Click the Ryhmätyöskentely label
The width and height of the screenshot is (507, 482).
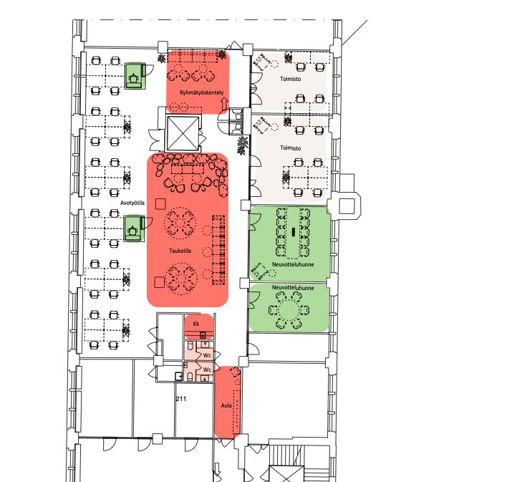tap(201, 92)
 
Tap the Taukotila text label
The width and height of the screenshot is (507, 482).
tap(180, 251)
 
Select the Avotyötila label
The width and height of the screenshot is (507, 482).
tap(132, 203)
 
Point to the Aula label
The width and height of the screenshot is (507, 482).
tap(226, 405)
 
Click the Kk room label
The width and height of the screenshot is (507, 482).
tap(196, 324)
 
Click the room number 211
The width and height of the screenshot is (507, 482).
tap(181, 399)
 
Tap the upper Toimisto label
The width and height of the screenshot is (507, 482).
tap(290, 79)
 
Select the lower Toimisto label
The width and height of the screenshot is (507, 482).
tap(290, 148)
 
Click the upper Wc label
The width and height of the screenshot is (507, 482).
tap(207, 355)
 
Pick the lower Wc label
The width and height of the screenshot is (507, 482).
tap(207, 369)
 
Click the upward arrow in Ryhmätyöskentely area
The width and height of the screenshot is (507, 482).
tap(224, 105)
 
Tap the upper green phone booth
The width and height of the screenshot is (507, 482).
tap(135, 75)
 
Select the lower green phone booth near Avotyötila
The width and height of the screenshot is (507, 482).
tap(134, 228)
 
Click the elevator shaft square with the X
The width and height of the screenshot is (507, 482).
tap(183, 133)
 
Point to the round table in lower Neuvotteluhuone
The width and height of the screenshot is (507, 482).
tap(289, 310)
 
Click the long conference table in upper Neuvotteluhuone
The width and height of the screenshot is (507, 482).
tap(294, 232)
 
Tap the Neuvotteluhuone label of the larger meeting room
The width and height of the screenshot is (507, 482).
tap(293, 264)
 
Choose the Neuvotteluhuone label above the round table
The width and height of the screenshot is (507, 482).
tap(293, 288)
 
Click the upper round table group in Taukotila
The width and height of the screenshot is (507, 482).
tap(180, 223)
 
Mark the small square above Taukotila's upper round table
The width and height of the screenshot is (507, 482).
tap(160, 204)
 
